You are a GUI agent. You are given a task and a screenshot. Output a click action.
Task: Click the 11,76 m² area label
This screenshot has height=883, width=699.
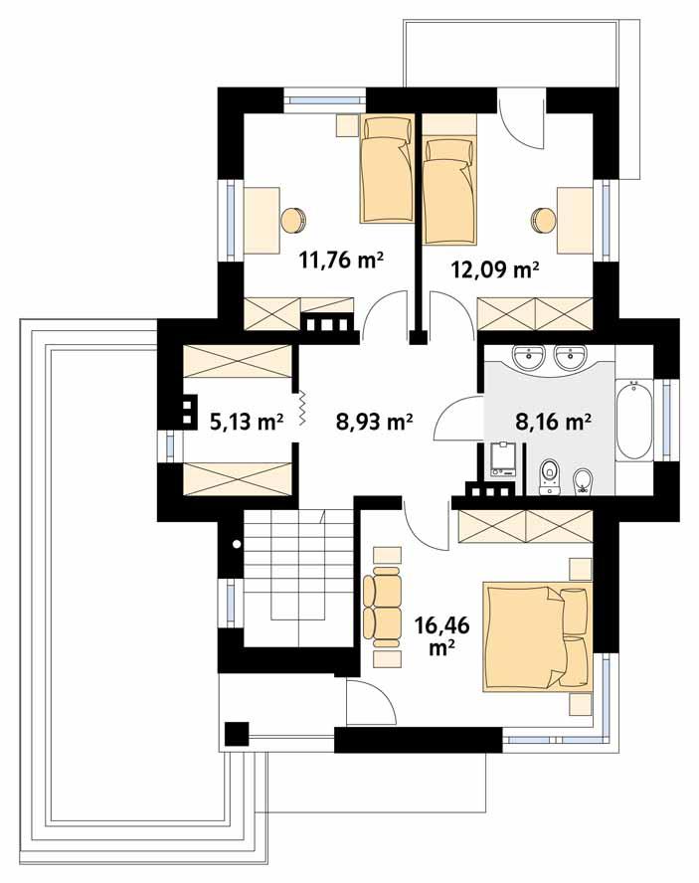pyautogui.click(x=342, y=262)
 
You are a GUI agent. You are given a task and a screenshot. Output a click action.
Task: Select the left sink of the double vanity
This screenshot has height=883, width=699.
pyautogui.click(x=526, y=355)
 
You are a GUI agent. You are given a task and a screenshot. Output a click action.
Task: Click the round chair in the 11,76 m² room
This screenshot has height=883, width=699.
pyautogui.click(x=292, y=218)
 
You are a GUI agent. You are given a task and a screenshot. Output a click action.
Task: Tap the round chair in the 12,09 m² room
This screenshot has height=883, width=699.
pyautogui.click(x=543, y=218)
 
